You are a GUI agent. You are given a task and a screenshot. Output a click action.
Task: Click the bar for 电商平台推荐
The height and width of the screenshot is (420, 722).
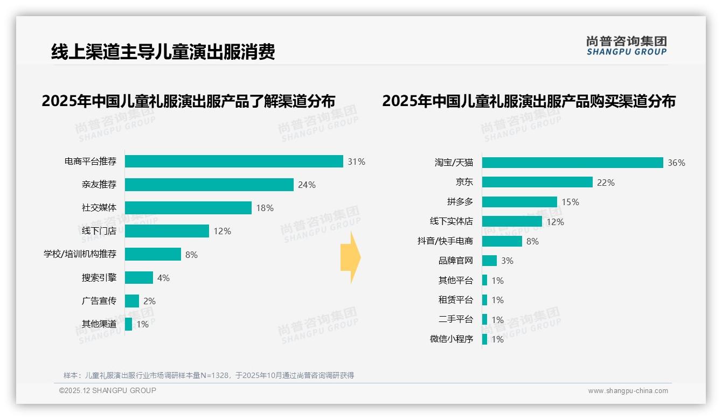point(234,162)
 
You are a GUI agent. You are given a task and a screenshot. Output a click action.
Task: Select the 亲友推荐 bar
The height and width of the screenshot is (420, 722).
point(209,185)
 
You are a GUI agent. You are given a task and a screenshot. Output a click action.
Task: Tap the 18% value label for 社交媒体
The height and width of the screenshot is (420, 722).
point(265,208)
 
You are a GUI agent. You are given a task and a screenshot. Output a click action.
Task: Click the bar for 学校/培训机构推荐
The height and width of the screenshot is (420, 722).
point(153,254)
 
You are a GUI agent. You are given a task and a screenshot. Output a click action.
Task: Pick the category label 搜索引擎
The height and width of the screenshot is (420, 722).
point(99,278)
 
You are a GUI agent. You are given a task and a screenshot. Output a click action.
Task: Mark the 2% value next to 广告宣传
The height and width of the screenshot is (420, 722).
point(149,301)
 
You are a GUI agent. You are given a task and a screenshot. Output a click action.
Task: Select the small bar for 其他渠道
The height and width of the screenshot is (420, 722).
point(128,324)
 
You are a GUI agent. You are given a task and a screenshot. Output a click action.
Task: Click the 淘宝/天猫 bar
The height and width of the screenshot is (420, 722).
point(572,163)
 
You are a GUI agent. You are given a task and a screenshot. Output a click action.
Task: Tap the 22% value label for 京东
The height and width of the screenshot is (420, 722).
point(606,183)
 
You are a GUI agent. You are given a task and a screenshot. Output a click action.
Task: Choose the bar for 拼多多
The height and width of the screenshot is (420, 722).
point(519,202)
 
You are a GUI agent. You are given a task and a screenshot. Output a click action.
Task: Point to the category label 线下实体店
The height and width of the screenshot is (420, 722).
point(451,221)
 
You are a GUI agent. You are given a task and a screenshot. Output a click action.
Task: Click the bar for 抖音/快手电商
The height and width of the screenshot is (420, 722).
point(502,241)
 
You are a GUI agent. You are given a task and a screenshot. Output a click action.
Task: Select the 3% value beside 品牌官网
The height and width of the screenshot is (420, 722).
point(507,261)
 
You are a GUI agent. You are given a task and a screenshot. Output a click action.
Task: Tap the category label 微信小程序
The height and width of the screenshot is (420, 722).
point(451,339)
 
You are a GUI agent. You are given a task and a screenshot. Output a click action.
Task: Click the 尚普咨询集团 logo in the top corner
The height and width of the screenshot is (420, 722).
point(627,46)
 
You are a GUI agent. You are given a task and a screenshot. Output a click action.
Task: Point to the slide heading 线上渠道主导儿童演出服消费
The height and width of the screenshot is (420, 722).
point(163,52)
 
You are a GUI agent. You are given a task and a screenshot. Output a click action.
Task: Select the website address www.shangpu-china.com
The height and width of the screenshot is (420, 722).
point(628,391)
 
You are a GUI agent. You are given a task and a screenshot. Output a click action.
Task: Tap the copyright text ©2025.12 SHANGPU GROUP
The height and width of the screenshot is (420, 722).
point(108,390)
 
